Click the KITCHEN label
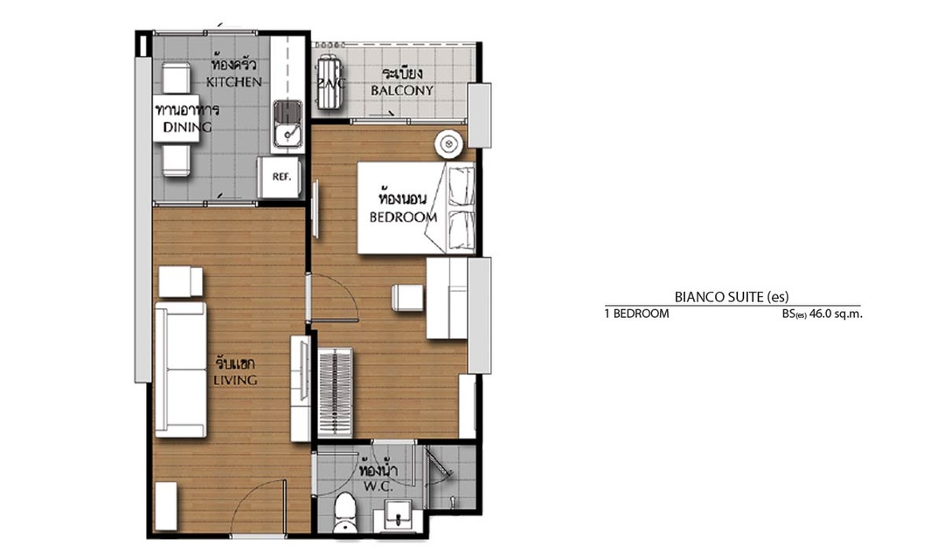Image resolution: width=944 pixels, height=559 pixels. (234, 82)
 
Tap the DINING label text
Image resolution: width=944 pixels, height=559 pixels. (187, 127)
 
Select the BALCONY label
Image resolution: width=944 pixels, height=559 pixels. (402, 91)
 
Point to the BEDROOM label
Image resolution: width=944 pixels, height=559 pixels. (403, 217)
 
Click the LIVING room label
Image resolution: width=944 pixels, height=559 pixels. (235, 380)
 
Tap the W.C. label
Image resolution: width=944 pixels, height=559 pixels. (378, 487)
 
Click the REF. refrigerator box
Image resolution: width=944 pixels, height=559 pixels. (280, 177)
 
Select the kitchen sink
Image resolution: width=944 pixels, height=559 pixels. (288, 124)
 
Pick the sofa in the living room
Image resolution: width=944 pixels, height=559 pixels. (181, 369)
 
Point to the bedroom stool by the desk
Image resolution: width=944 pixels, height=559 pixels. (407, 298)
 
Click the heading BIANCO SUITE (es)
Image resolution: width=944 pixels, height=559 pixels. (732, 296)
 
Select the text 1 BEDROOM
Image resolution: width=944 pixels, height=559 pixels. (637, 314)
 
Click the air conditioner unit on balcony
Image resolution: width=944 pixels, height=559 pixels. (330, 82)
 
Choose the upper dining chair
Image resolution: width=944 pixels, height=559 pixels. (177, 79)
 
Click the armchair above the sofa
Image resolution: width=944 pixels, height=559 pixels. (181, 281)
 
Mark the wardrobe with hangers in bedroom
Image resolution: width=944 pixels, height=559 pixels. (336, 391)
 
